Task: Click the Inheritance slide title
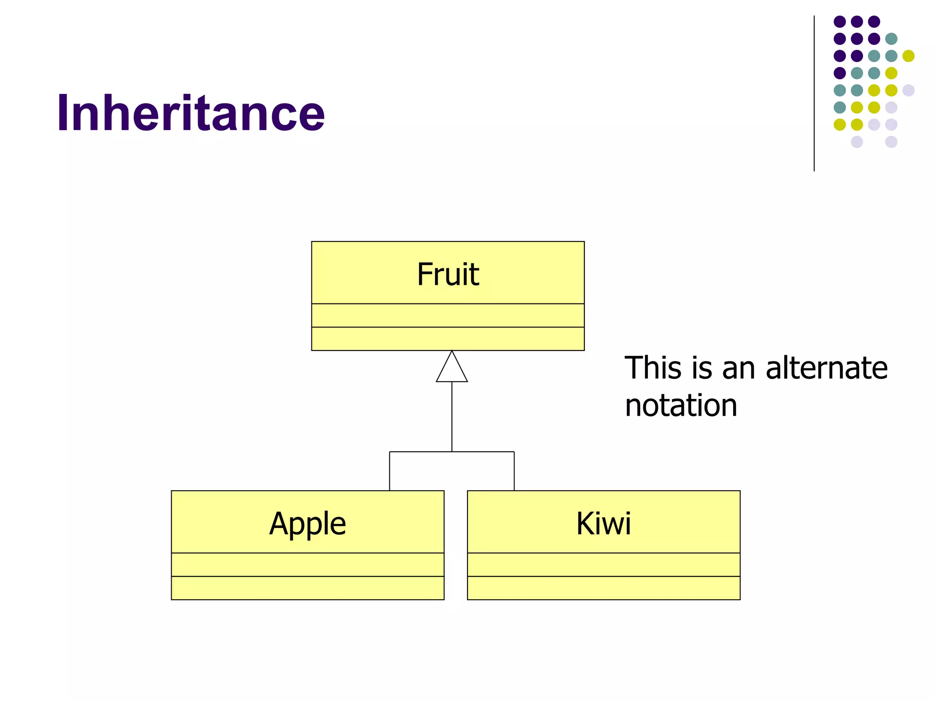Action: [x=190, y=113]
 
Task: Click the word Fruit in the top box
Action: [x=448, y=274]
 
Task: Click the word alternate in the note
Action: [x=826, y=368]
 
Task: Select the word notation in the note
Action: [x=681, y=405]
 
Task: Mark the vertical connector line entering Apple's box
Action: [x=389, y=471]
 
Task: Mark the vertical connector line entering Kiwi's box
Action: [x=514, y=471]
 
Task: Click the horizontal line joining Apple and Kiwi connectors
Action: [x=452, y=452]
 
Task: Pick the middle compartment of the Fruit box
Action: [x=448, y=315]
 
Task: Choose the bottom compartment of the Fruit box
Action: [x=448, y=339]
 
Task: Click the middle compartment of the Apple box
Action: [x=307, y=565]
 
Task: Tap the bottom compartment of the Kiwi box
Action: [x=603, y=588]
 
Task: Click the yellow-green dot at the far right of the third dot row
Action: [x=908, y=56]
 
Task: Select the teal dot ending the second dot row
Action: [x=891, y=39]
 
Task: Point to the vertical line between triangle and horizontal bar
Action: [x=452, y=416]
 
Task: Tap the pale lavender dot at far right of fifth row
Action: [x=908, y=90]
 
